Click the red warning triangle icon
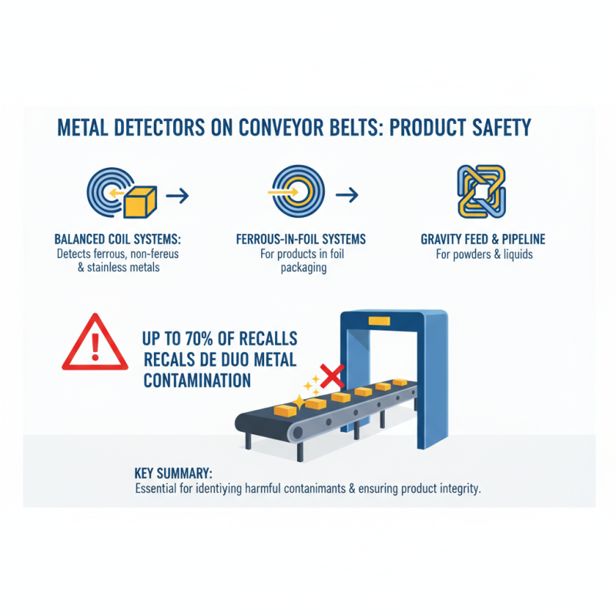[95, 344]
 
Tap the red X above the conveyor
[330, 377]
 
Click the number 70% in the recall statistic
[214, 340]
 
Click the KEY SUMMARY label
[168, 473]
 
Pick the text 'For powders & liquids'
[484, 254]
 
